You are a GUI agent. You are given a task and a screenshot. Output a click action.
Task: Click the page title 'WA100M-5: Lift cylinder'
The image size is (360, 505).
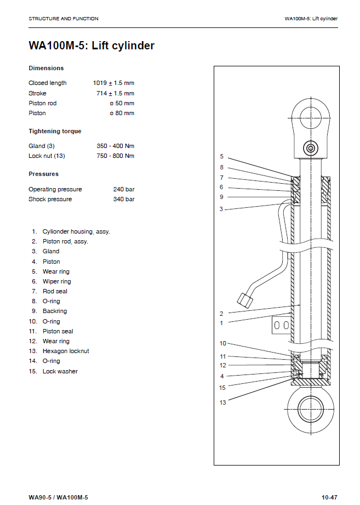(92, 46)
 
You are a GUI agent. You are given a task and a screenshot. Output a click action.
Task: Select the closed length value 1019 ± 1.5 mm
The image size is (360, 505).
(113, 83)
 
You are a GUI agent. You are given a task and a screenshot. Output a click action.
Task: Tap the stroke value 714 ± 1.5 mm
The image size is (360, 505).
(115, 93)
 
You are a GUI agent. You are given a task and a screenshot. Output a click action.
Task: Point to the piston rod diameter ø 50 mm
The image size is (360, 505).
(122, 103)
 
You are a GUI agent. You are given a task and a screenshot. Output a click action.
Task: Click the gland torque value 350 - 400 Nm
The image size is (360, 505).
(115, 146)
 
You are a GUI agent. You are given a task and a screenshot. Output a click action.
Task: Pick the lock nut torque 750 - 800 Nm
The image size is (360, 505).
(115, 156)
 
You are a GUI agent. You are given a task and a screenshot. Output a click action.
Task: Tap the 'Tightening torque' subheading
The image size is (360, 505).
(55, 132)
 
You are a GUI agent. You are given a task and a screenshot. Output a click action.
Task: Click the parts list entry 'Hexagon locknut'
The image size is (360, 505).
(66, 351)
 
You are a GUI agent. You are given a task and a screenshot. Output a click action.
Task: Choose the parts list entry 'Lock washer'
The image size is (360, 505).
(60, 372)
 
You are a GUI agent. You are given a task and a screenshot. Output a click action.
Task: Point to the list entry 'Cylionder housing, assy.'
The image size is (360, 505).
(76, 232)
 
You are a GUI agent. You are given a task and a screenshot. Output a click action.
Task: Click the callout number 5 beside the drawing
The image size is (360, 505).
(222, 157)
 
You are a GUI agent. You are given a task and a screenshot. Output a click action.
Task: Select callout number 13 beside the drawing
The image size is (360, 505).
(223, 403)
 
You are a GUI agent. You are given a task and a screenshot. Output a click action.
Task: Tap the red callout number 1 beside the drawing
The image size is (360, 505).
(221, 324)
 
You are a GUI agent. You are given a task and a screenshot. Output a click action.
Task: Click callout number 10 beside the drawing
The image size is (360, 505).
(223, 344)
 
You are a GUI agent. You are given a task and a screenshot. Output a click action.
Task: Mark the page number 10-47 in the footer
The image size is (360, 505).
(329, 497)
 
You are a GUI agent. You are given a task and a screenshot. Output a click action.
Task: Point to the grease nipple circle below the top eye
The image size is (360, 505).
(311, 149)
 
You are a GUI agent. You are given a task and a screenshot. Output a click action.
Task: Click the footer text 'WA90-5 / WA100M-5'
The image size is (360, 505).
(58, 497)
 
